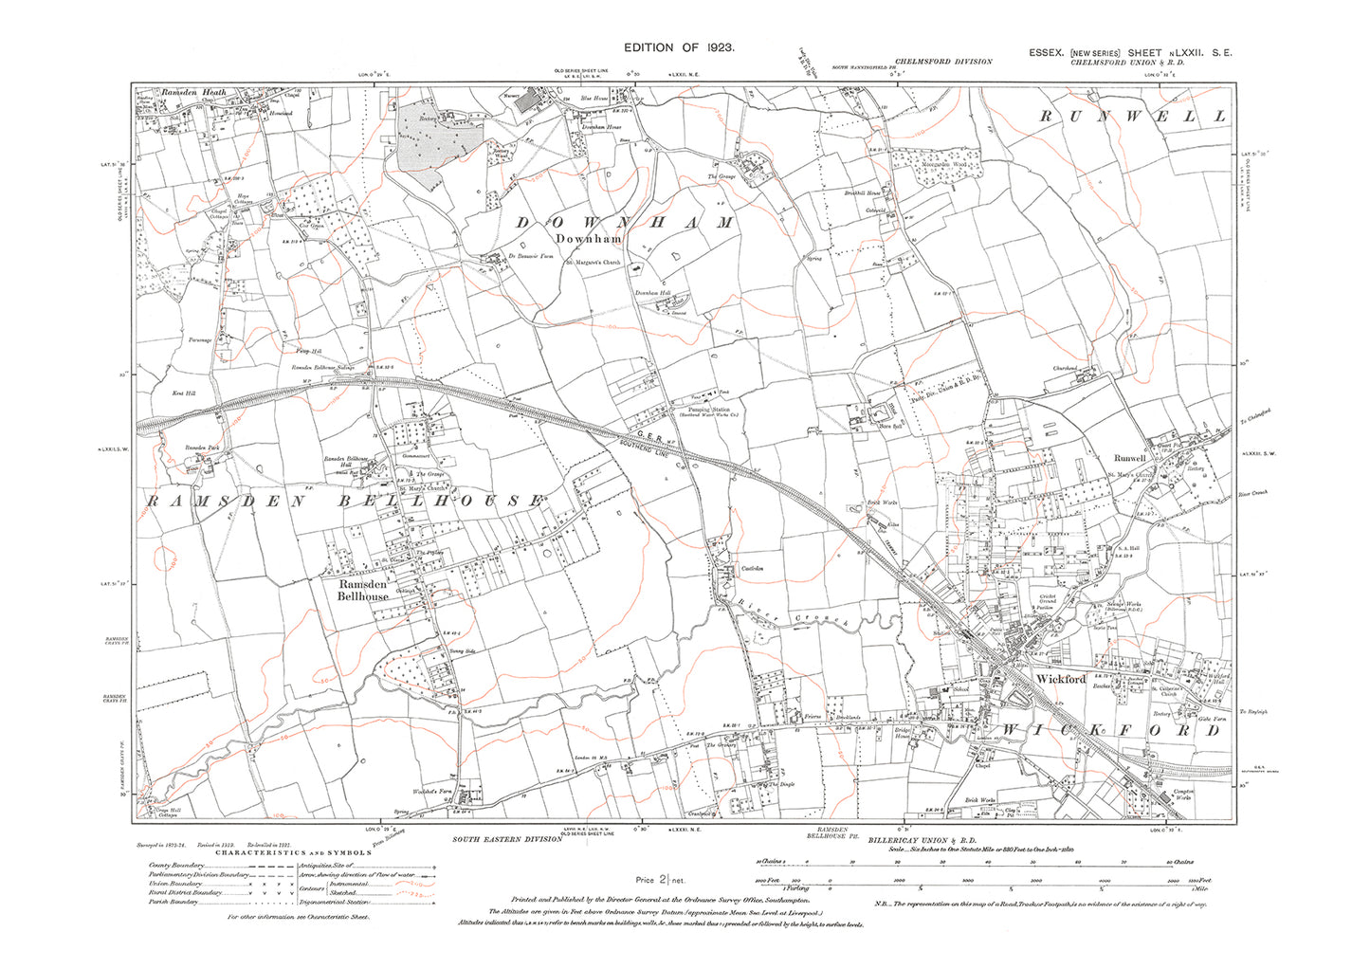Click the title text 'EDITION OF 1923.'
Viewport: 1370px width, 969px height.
click(x=678, y=47)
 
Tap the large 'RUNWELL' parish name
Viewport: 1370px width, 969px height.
click(x=1132, y=116)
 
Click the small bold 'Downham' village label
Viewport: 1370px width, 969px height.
click(x=588, y=240)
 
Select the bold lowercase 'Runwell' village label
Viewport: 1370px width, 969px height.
click(x=1129, y=458)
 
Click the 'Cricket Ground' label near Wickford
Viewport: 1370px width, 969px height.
click(x=1047, y=599)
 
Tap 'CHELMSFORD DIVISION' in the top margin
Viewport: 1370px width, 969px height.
click(x=942, y=62)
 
